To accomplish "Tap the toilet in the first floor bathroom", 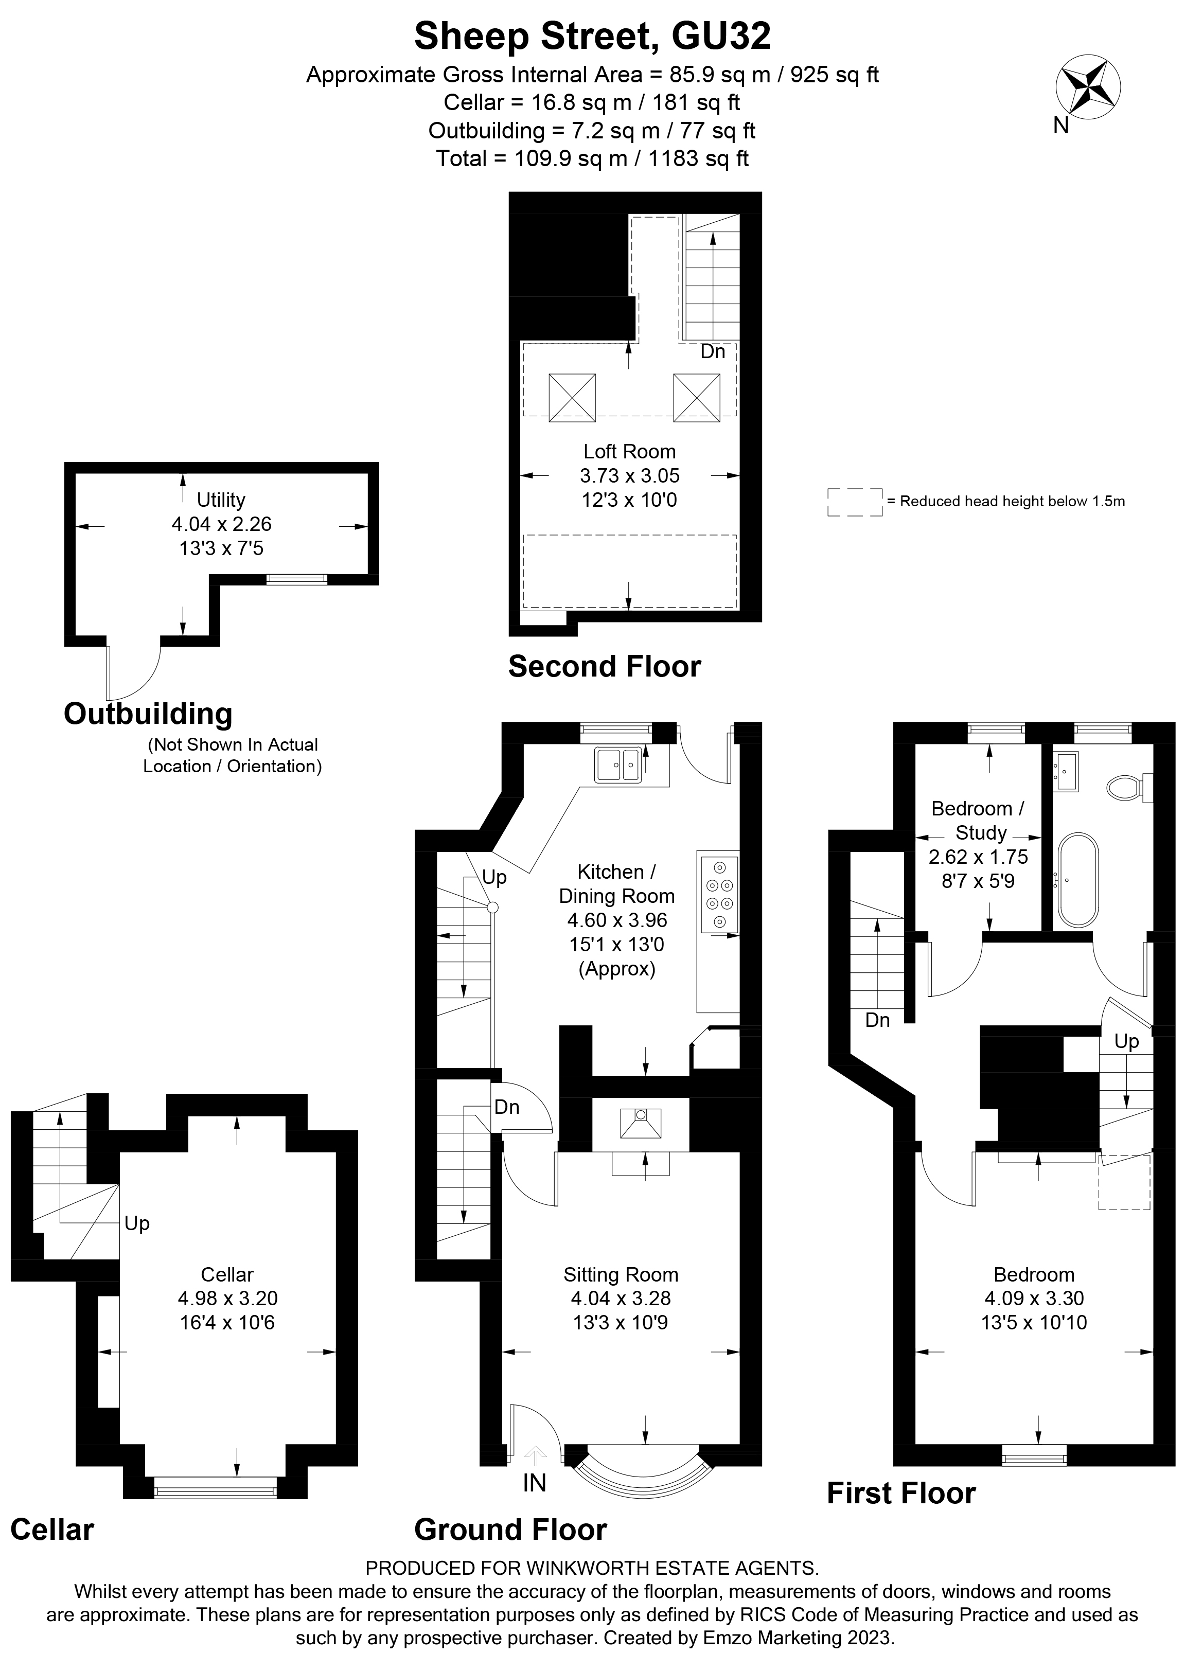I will coord(1126,788).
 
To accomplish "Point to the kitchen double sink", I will coord(618,765).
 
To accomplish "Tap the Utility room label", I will coord(221,500).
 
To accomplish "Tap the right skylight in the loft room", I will coord(696,397).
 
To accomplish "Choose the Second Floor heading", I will coord(604,667).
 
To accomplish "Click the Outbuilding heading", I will coord(148,714).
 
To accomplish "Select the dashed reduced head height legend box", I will coord(854,502).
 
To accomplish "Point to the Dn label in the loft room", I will coord(713,352).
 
